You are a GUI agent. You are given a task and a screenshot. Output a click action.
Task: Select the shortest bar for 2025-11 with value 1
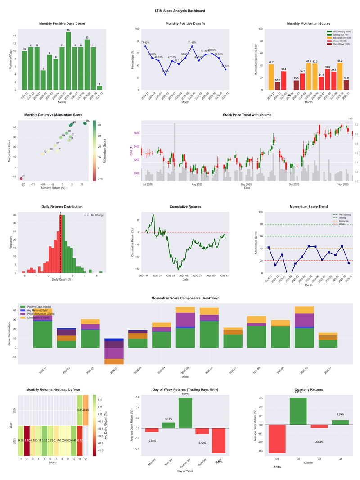pos(99,88)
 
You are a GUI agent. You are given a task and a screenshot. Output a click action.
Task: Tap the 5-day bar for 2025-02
pos(43,80)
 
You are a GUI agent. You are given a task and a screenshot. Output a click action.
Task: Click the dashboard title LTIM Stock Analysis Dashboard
pos(180,11)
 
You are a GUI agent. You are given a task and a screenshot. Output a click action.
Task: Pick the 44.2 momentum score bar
pos(301,76)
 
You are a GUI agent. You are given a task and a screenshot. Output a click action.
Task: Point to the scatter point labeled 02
pos(21,179)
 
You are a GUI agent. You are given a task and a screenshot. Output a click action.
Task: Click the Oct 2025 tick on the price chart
pos(294,184)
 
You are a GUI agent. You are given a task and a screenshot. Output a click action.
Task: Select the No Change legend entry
pos(97,215)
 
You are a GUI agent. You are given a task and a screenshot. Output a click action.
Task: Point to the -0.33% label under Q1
pos(277,467)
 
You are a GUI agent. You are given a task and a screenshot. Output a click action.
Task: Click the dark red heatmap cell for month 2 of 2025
pos(27,440)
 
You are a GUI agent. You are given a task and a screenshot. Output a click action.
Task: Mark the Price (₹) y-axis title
pos(131,151)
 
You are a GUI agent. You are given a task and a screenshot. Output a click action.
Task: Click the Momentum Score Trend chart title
pos(308,207)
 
